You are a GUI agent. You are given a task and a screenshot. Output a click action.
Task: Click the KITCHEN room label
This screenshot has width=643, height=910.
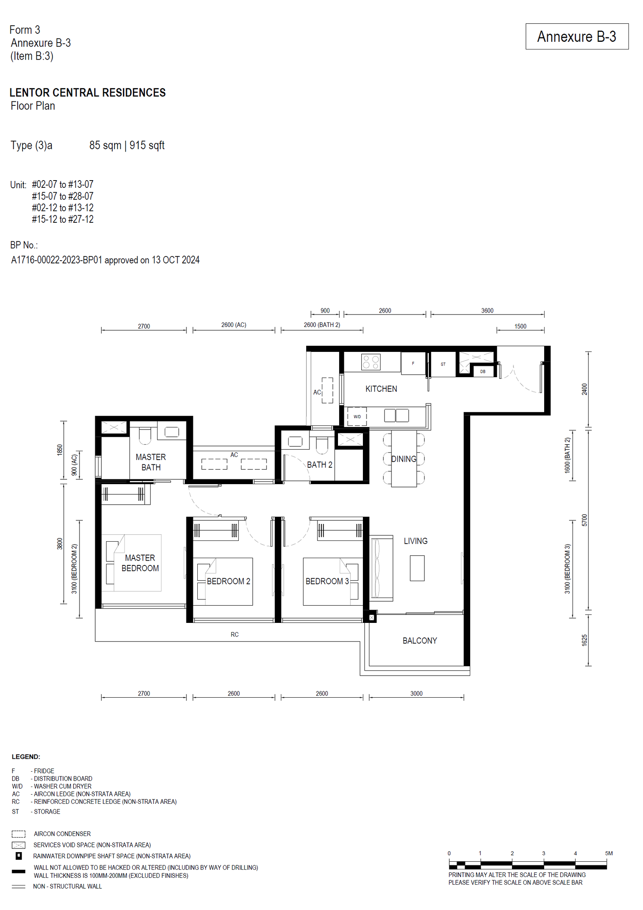pos(381,389)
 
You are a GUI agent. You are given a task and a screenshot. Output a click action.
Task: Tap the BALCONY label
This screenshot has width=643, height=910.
pos(420,641)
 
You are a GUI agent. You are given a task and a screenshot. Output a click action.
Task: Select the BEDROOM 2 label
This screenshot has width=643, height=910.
pos(228,581)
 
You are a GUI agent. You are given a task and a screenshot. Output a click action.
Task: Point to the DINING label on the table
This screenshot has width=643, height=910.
pos(404,459)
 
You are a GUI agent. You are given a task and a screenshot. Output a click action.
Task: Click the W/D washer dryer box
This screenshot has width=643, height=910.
pos(357,417)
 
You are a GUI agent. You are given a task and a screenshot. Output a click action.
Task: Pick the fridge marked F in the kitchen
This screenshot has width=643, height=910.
pos(413,363)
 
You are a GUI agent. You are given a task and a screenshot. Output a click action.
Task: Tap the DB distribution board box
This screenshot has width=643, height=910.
pos(483,371)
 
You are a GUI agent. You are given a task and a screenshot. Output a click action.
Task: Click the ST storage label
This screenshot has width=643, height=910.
pos(443,364)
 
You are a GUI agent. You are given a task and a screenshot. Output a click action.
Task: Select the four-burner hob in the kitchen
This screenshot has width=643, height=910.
pos(371,362)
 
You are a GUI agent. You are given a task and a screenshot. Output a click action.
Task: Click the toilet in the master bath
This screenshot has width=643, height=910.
pos(145,435)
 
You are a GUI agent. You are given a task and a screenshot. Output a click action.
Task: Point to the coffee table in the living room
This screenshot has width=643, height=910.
pos(417,568)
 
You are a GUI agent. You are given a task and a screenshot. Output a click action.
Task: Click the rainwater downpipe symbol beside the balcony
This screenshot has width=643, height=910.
pos(371,617)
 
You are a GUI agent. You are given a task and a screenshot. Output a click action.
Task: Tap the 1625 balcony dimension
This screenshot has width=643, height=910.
pos(584,640)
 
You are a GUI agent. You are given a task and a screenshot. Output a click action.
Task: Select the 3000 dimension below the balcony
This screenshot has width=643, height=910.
pos(416,693)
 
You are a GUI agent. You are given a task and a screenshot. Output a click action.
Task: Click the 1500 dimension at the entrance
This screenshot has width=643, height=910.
pos(520,326)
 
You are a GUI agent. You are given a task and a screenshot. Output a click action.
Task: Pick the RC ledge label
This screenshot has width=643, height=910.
pos(235,635)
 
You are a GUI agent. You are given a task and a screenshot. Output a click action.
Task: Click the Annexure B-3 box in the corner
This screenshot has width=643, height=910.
pos(577,37)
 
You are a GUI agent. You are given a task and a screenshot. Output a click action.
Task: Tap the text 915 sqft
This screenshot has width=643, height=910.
pos(147,145)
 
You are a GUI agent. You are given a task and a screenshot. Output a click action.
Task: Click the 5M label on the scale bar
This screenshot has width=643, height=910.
pos(609,853)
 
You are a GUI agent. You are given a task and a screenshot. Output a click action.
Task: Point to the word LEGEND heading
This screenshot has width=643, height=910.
pos(26,756)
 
